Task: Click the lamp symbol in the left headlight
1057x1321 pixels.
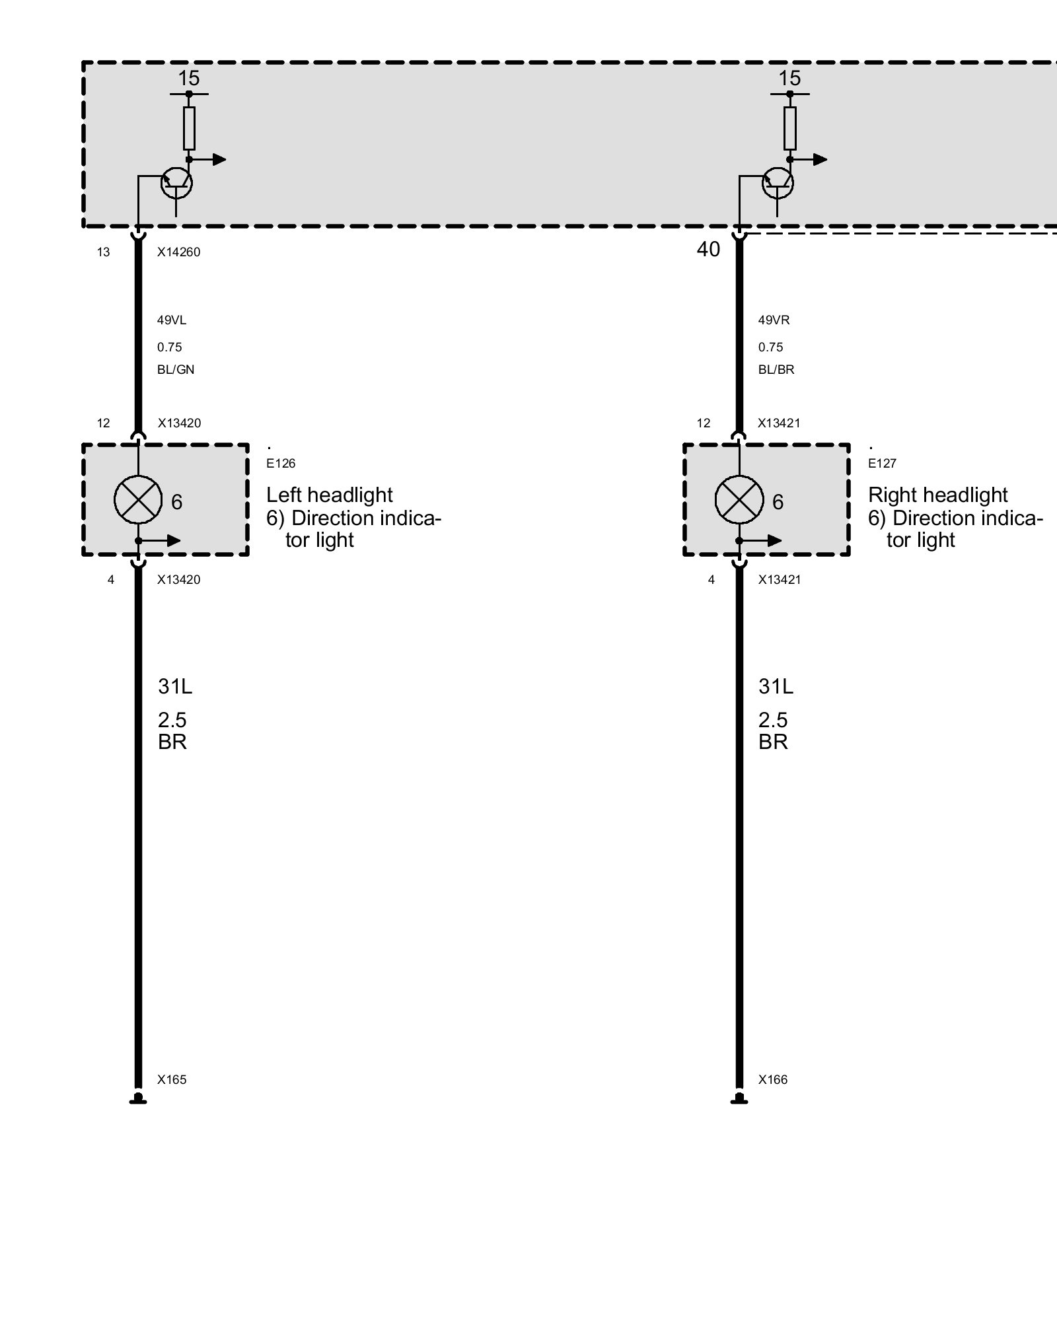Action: pyautogui.click(x=138, y=499)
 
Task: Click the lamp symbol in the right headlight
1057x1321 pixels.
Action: pyautogui.click(x=739, y=499)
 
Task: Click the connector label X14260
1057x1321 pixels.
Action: pyautogui.click(x=178, y=252)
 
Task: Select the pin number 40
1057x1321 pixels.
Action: pyautogui.click(x=708, y=250)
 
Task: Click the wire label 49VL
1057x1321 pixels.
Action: pyautogui.click(x=172, y=320)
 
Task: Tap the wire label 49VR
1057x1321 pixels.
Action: pyautogui.click(x=774, y=320)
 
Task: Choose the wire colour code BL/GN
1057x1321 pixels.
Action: pyautogui.click(x=176, y=370)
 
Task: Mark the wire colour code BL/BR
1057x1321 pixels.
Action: pyautogui.click(x=776, y=370)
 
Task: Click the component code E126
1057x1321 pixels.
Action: pyautogui.click(x=281, y=464)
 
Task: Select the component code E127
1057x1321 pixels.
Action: pyautogui.click(x=882, y=464)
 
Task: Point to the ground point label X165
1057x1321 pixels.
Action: pyautogui.click(x=172, y=1080)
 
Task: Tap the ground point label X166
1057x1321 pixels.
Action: pyautogui.click(x=773, y=1080)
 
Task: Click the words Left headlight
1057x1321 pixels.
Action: pyautogui.click(x=329, y=495)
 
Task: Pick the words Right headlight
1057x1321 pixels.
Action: pyautogui.click(x=937, y=495)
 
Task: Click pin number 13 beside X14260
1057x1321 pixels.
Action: pyautogui.click(x=103, y=252)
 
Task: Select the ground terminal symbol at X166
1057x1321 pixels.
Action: pyautogui.click(x=739, y=1099)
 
